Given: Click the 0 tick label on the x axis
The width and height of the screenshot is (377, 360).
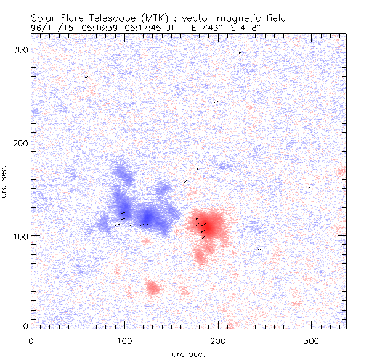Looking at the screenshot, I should pos(31,340).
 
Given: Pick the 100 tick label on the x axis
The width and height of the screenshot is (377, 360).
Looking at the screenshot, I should pos(124,340).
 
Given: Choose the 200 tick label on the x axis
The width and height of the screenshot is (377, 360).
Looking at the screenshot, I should pos(218,340).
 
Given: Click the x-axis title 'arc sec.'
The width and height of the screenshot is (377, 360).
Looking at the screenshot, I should pos(188,354).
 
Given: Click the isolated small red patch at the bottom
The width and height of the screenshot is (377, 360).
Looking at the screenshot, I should pos(152,287).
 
